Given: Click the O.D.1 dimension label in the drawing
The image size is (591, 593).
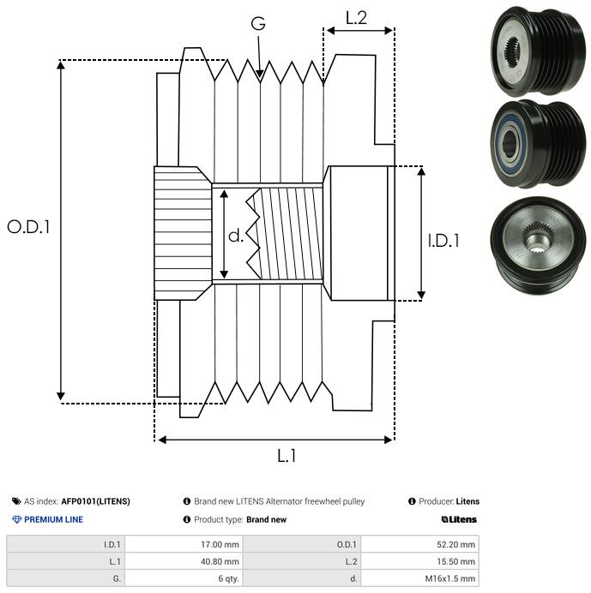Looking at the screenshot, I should point(29,227).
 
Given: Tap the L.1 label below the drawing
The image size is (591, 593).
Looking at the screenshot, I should point(286,456).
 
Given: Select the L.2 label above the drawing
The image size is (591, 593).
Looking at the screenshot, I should point(357,17).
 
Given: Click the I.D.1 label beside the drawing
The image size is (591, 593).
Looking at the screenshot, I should point(443,241).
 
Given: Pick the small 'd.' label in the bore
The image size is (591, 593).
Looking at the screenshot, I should point(236,235).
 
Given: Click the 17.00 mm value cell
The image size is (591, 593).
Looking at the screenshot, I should point(220,544).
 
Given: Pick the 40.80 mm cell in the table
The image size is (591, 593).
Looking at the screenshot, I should point(220,561).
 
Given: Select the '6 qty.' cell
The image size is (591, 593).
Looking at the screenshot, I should point(227,578).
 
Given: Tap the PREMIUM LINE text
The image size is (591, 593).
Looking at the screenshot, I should point(54,519).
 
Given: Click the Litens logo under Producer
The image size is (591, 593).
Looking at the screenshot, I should point(459,519).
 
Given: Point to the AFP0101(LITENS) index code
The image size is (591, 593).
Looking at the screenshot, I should point(95,501).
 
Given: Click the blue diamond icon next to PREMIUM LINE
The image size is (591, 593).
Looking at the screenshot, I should point(16,519).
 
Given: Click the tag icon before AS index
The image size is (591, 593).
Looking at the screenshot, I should point(16,501).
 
